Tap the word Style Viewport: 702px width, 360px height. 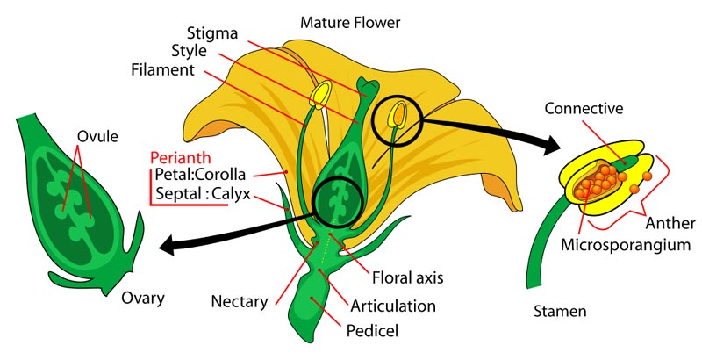(x=189, y=51)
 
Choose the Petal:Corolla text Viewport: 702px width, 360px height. (x=205, y=176)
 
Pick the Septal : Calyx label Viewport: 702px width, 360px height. (x=202, y=193)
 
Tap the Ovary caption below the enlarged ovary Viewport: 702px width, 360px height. (x=142, y=298)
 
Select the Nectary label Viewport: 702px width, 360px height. (x=239, y=301)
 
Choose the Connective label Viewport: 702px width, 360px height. (x=584, y=108)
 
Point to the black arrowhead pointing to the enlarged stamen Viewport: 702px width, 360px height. (x=555, y=143)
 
